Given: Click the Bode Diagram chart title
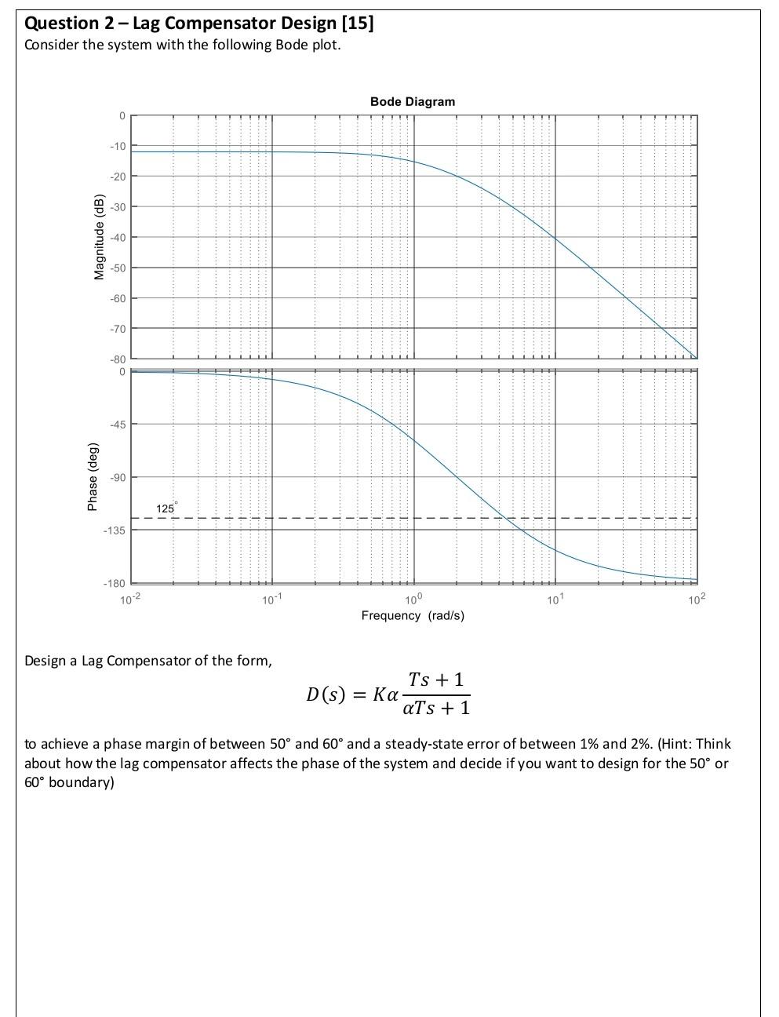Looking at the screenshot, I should click(412, 102).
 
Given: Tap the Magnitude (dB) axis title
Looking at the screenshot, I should click(100, 235).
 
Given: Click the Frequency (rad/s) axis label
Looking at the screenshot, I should click(413, 616).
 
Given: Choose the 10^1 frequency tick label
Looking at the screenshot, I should click(555, 601).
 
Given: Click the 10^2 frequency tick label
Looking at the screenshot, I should click(696, 601).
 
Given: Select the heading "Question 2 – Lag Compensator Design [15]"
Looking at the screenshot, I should click(199, 24).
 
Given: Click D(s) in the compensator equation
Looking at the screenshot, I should click(326, 694).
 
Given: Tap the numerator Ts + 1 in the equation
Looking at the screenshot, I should click(436, 680).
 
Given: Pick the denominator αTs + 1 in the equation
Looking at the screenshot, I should click(436, 709).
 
